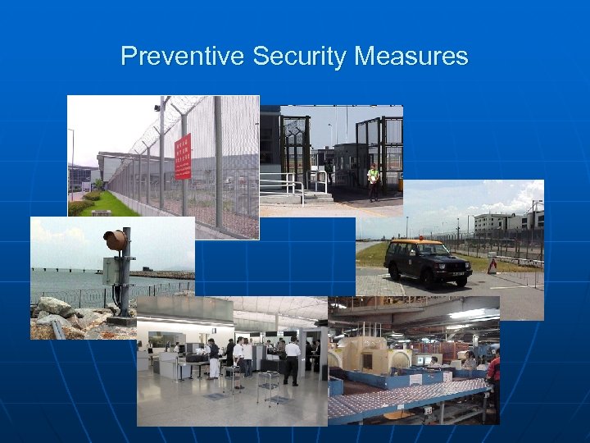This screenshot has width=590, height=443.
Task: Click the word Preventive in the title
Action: tap(182, 57)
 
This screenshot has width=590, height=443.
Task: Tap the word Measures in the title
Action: tap(411, 57)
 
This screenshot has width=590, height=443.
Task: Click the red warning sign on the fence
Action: tap(183, 157)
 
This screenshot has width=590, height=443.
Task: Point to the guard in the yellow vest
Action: tap(374, 181)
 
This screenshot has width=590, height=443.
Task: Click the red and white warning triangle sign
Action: tap(492, 266)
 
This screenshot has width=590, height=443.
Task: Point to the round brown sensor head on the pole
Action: tap(116, 240)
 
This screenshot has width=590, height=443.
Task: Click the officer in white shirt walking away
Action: tap(292, 361)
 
